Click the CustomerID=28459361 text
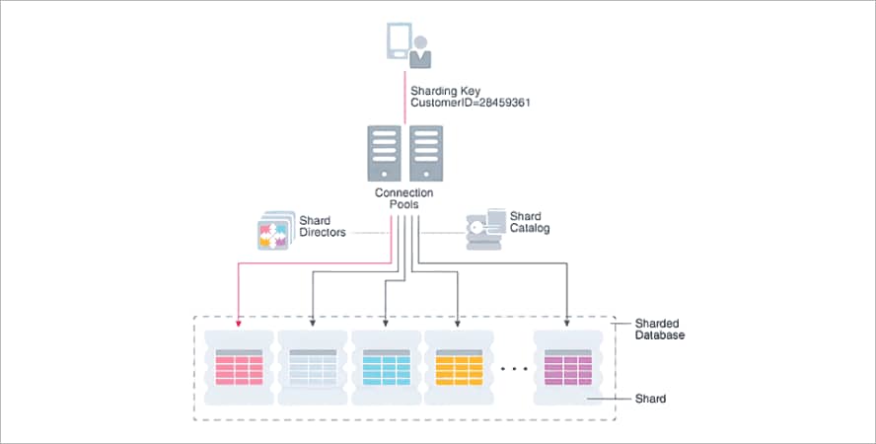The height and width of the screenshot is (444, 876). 471,102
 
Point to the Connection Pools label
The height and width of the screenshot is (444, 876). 404,198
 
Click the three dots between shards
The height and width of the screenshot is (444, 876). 513,369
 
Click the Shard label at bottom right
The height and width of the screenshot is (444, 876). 650,399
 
